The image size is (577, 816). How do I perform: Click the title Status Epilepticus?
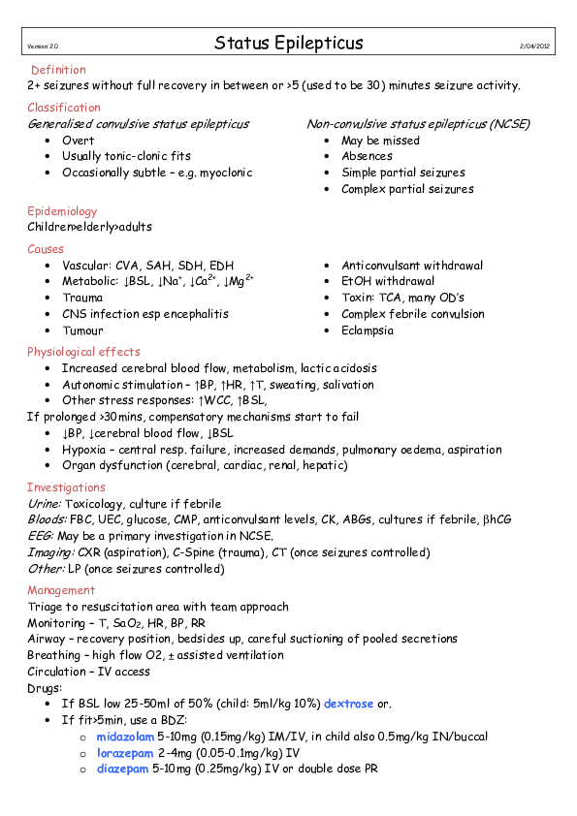[x=289, y=44]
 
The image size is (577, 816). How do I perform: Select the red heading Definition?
[x=58, y=70]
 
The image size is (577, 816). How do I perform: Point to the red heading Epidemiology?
[x=62, y=211]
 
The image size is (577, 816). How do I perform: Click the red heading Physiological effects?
[x=83, y=352]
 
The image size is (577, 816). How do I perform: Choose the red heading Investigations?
[x=66, y=487]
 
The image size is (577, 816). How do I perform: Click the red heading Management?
[x=61, y=590]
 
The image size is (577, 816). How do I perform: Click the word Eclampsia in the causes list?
[x=368, y=330]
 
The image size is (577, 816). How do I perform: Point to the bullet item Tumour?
[x=82, y=330]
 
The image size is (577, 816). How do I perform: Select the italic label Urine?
[x=45, y=504]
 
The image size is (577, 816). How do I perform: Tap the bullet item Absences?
[x=367, y=156]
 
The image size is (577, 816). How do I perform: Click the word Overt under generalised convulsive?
[x=78, y=141]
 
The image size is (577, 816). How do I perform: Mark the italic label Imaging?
[x=49, y=553]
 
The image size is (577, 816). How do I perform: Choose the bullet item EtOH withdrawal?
[x=388, y=282]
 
